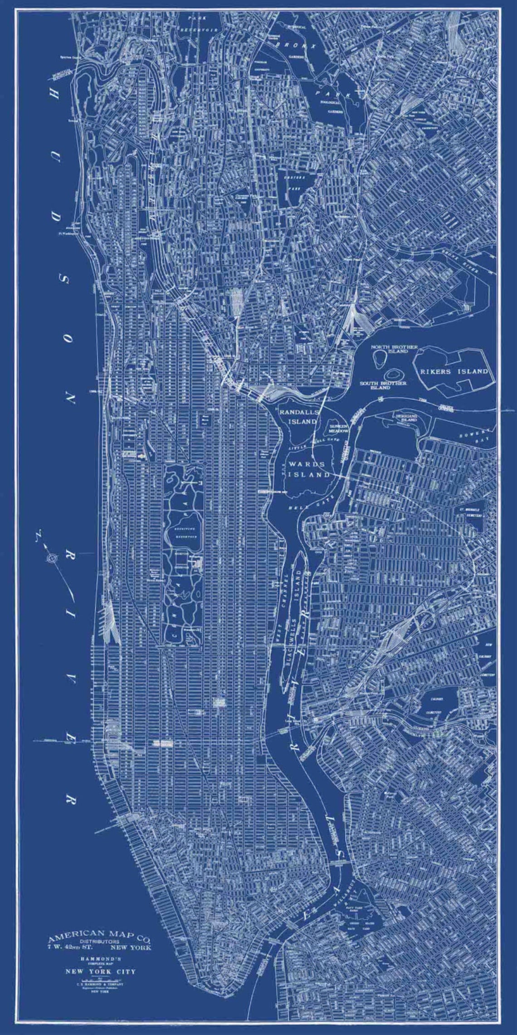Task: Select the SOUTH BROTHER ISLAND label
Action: pyautogui.click(x=383, y=385)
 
